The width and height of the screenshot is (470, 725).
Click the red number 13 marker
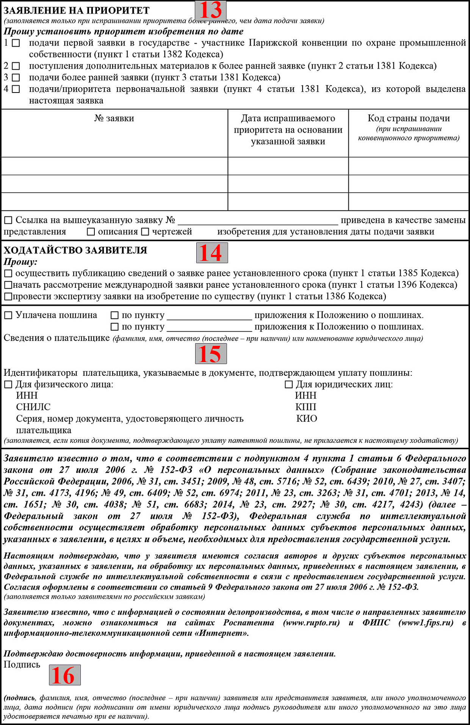point(210,11)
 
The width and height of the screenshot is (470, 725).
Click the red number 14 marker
point(212,253)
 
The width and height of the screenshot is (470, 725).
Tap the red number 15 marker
point(211,354)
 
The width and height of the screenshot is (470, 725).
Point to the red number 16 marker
point(64,675)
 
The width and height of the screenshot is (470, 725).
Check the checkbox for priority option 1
point(16,43)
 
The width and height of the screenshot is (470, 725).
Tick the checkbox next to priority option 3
point(16,78)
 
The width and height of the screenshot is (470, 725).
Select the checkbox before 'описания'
point(91,232)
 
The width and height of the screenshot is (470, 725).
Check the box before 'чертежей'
point(145,232)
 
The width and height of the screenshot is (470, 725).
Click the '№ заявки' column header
point(114,118)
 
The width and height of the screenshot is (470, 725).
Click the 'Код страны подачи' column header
point(409,118)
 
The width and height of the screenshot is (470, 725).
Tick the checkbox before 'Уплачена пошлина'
point(8,315)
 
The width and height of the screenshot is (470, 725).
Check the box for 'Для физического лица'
point(8,384)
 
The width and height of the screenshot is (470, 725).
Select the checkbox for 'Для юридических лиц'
point(289,384)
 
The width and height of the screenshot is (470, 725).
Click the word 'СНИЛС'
point(33,407)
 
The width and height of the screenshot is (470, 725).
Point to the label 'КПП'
point(305,407)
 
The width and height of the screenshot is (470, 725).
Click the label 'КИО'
point(306,419)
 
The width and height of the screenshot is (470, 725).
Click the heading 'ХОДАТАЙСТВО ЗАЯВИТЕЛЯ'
point(75,250)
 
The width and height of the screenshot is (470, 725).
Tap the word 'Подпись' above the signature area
point(22,664)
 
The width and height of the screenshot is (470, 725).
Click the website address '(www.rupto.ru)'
point(311,623)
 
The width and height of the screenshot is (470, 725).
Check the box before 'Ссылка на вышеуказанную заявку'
point(8,220)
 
